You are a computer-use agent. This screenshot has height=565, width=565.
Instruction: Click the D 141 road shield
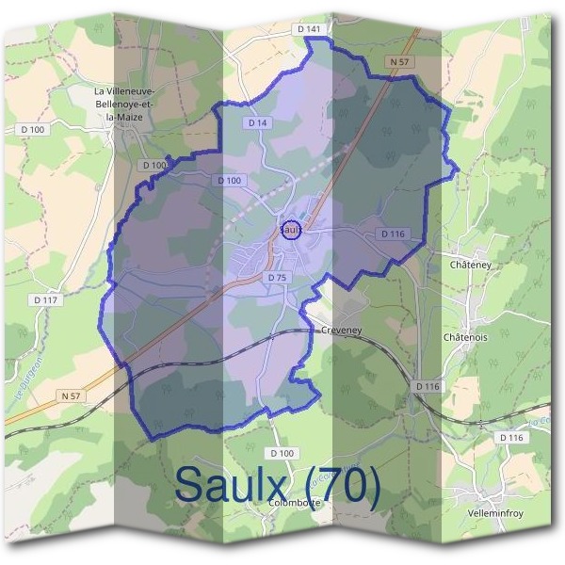tap(309, 30)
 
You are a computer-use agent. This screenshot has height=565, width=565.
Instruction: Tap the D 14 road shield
tap(259, 123)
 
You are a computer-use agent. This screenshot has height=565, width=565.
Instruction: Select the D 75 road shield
tap(276, 278)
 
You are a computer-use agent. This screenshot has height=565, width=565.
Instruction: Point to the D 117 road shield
tap(44, 300)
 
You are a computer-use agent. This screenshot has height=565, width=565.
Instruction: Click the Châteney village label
tap(472, 266)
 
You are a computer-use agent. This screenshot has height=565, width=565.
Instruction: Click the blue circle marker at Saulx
tap(292, 229)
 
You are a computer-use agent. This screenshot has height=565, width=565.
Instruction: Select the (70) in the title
tap(337, 484)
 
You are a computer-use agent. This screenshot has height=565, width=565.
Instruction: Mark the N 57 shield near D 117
tap(71, 396)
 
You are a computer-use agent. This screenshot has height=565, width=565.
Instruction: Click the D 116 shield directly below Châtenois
tap(428, 386)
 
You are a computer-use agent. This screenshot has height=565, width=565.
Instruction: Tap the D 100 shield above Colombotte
tap(281, 453)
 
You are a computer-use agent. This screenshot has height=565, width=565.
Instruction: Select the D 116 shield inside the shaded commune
tap(393, 233)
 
